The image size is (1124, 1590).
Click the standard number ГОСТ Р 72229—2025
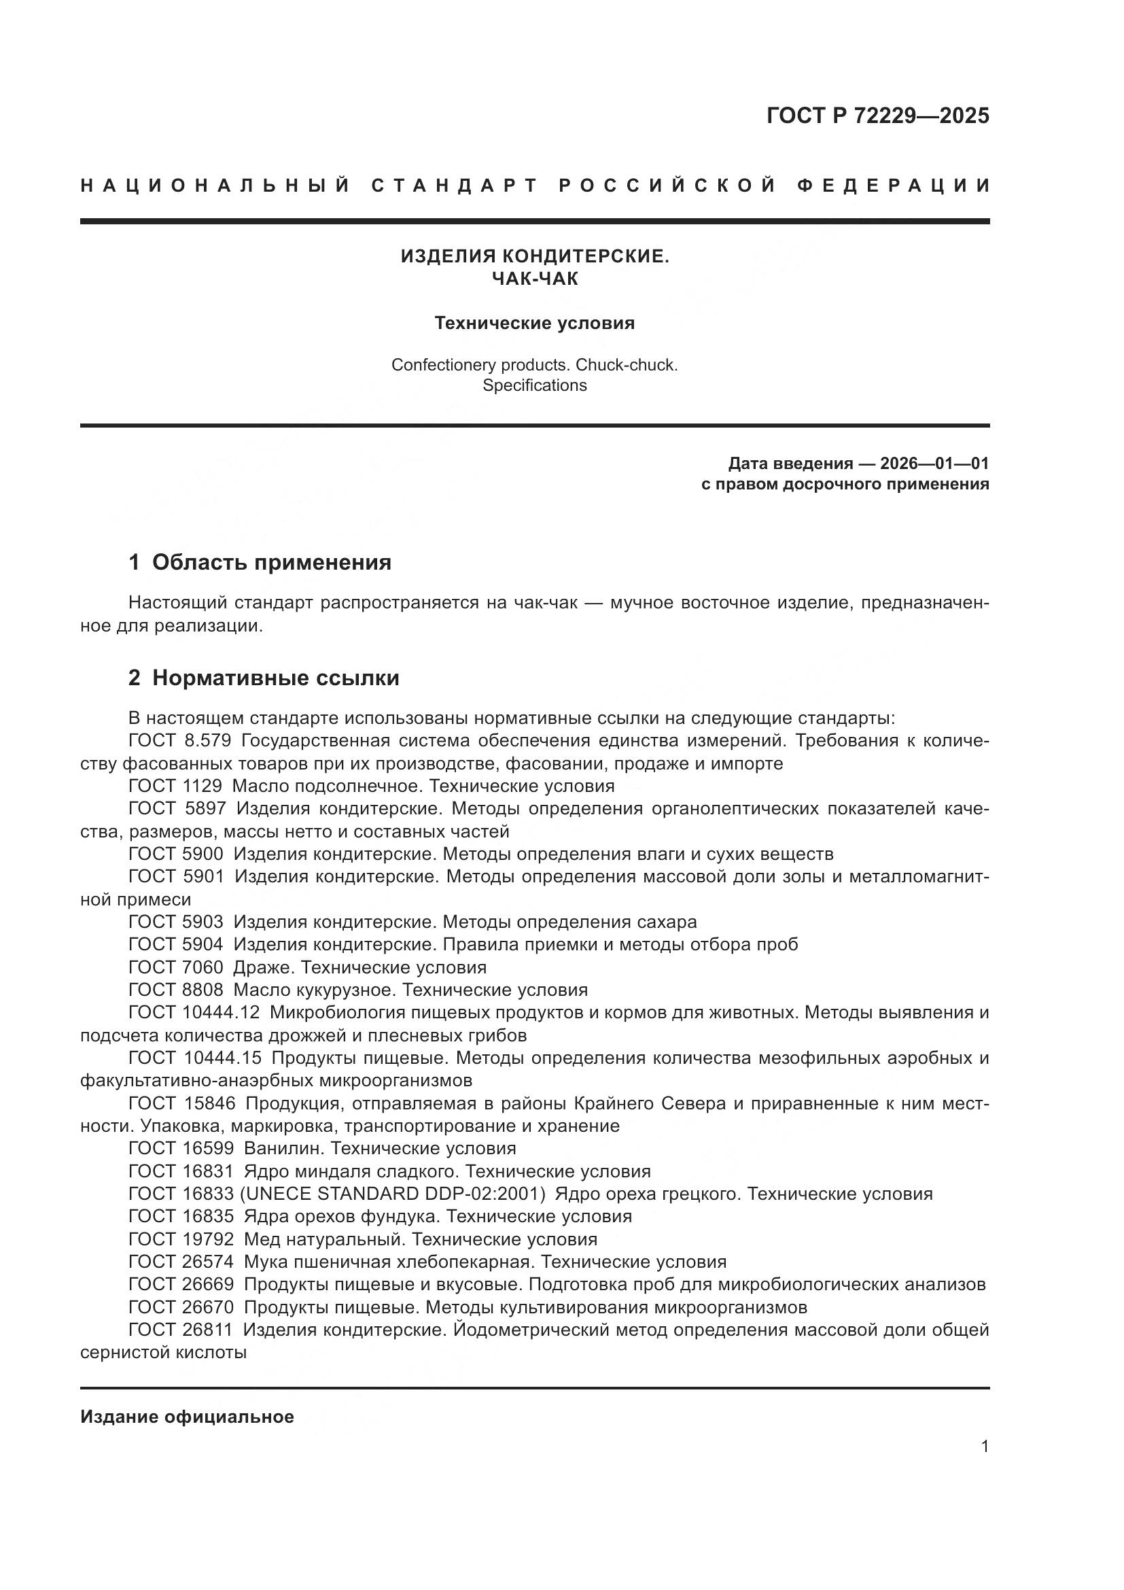(877, 116)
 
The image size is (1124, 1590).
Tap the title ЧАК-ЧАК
(534, 279)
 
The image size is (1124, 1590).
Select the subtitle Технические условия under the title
(534, 324)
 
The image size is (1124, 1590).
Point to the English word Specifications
(534, 385)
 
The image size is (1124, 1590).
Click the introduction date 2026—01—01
(934, 464)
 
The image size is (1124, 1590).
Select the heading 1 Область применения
(260, 562)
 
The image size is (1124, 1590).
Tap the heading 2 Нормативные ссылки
(264, 677)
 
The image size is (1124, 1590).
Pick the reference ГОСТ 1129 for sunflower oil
(175, 786)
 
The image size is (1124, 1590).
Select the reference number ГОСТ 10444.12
(194, 1012)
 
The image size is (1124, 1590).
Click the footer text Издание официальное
(187, 1417)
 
